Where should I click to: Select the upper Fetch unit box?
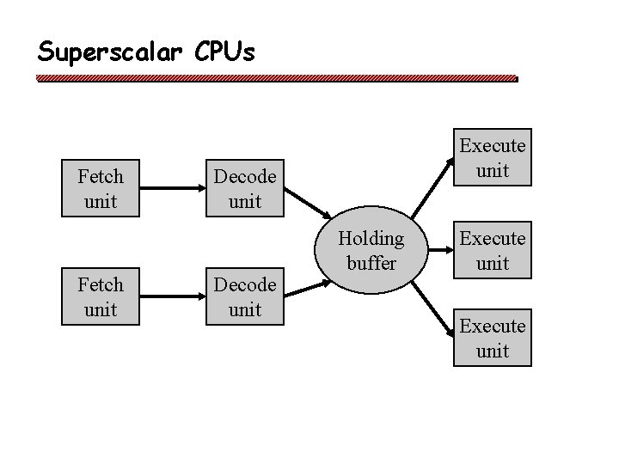(101, 189)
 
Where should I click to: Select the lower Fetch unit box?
(101, 296)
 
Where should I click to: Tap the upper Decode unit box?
(245, 189)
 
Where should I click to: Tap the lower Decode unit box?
(245, 296)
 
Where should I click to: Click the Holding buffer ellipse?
(371, 251)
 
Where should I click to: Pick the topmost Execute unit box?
(493, 158)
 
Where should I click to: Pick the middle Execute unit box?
(493, 251)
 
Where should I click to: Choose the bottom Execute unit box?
(493, 339)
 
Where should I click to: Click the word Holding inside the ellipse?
(371, 239)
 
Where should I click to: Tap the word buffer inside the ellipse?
(371, 263)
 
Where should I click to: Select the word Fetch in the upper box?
(101, 177)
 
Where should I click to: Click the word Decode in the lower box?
(245, 284)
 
